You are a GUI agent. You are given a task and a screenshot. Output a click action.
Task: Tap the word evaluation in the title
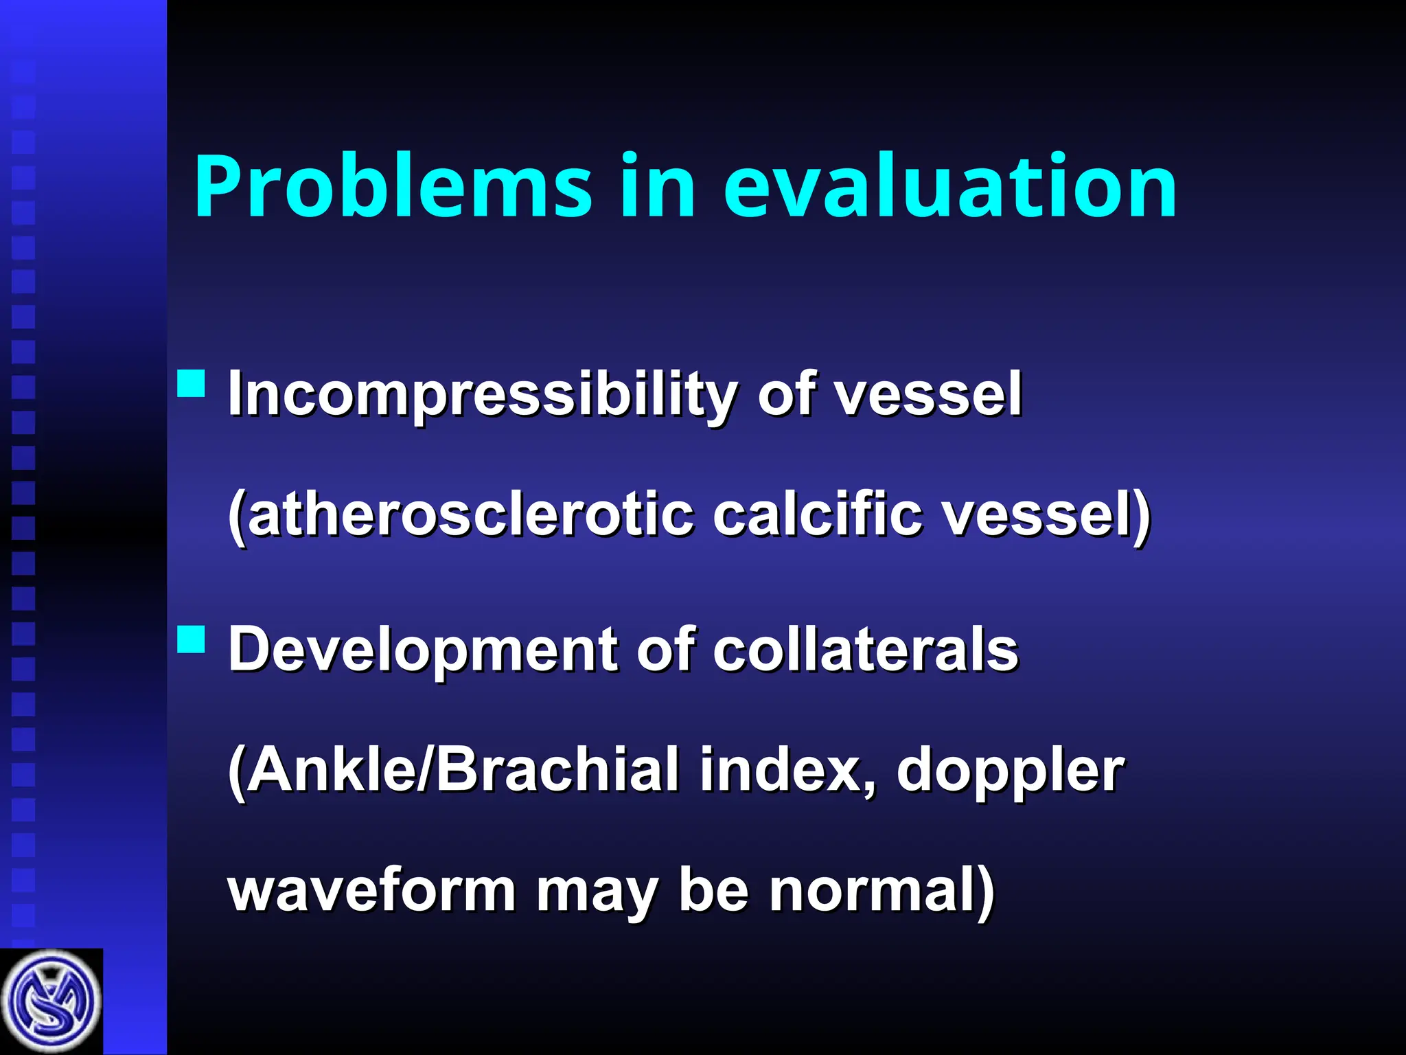click(950, 187)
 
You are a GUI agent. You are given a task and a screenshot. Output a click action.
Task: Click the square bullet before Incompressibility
click(192, 384)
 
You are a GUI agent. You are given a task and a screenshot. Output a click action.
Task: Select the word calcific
click(817, 515)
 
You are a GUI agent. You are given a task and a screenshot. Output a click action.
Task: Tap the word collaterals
click(865, 650)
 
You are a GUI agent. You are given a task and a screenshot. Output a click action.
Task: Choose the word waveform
click(371, 890)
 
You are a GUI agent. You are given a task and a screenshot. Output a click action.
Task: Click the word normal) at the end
click(881, 890)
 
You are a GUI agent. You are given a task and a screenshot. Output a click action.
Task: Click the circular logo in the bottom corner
click(51, 1002)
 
